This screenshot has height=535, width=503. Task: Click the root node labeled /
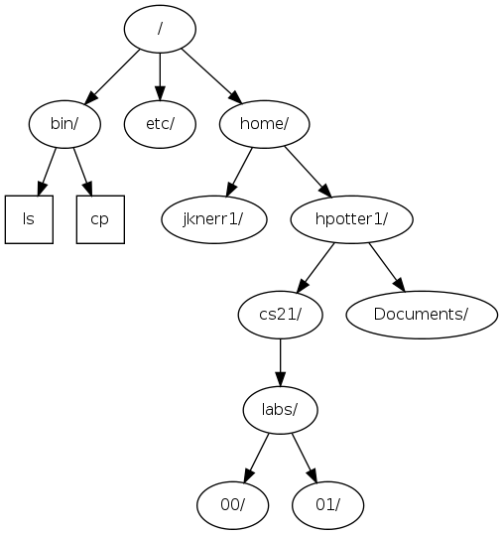coord(160,28)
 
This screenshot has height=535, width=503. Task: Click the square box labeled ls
coord(29,218)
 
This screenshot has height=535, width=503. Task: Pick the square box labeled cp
coord(100,218)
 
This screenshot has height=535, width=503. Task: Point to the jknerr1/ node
coord(213,218)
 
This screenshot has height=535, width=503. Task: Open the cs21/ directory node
coord(281,314)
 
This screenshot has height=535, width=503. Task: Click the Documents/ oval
coord(422,314)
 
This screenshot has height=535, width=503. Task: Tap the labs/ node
coord(281,409)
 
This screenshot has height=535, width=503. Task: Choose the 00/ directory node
coord(233,504)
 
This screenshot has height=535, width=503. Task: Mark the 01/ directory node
coord(328,504)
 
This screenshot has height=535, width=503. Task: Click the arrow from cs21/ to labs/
coord(281,361)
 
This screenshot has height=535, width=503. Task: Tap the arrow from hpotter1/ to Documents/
coord(387,266)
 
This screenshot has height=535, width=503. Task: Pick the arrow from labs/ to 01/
coord(305,457)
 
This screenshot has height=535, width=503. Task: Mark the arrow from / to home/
coord(210,74)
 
